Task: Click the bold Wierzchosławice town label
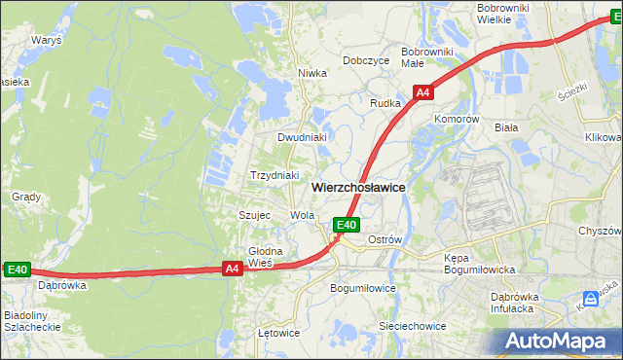click(x=358, y=187)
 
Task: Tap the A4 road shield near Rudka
click(x=422, y=93)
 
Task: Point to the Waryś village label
click(x=46, y=41)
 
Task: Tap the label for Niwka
click(x=311, y=73)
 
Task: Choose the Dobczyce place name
click(x=366, y=60)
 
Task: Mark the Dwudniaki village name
click(x=302, y=137)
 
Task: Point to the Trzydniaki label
click(x=275, y=175)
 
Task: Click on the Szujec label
click(x=254, y=214)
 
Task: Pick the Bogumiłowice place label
click(x=363, y=289)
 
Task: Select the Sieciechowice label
click(x=412, y=326)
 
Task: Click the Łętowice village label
click(x=278, y=333)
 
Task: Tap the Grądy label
click(x=25, y=196)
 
